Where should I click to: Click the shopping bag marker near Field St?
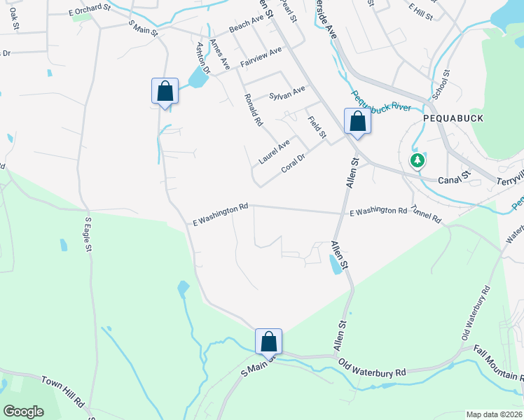pyautogui.click(x=357, y=122)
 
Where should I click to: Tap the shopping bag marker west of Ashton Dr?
pyautogui.click(x=165, y=92)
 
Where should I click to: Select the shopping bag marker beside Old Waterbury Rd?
pyautogui.click(x=268, y=342)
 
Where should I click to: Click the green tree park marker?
pyautogui.click(x=418, y=161)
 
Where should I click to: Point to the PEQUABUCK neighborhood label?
pyautogui.click(x=453, y=118)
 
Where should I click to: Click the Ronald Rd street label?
pyautogui.click(x=253, y=111)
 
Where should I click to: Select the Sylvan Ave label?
pyautogui.click(x=287, y=92)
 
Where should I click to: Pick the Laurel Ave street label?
pyautogui.click(x=274, y=152)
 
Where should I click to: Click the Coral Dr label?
pyautogui.click(x=294, y=163)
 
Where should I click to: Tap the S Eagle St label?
pyautogui.click(x=89, y=234)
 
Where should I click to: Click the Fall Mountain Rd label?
pyautogui.click(x=499, y=362)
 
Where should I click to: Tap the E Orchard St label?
pyautogui.click(x=90, y=10)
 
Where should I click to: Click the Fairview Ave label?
pyautogui.click(x=261, y=57)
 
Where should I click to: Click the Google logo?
pyautogui.click(x=23, y=412)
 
